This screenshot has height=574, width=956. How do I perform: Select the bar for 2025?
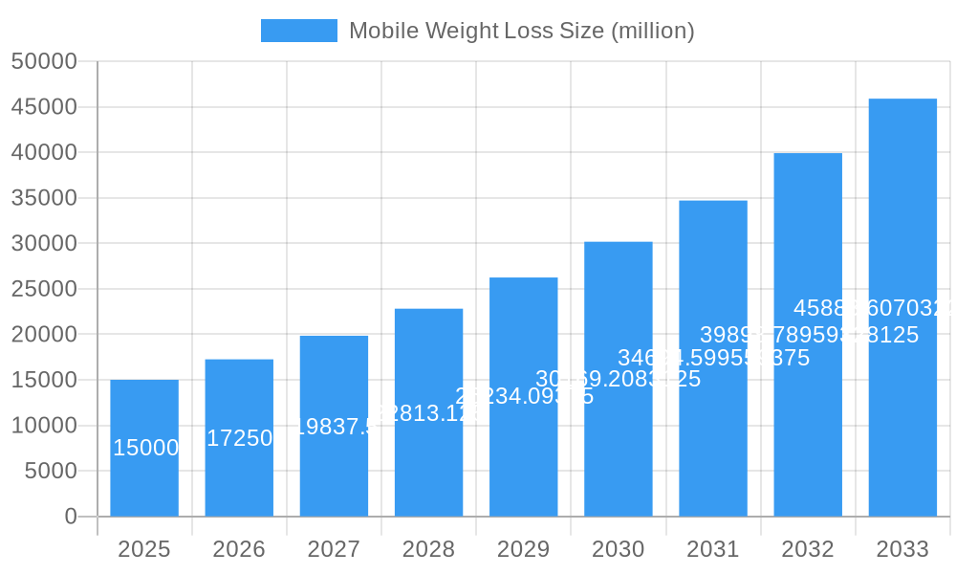point(144,478)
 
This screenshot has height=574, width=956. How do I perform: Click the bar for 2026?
point(239,478)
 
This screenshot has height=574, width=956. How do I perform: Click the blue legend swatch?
point(299,31)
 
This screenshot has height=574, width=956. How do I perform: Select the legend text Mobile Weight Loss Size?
point(521,31)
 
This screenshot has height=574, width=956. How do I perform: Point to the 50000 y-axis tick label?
point(44,61)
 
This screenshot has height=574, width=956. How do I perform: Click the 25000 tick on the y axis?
point(44,289)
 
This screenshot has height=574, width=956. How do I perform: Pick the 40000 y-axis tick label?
point(44,152)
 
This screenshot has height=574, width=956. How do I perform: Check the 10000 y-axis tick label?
point(44,426)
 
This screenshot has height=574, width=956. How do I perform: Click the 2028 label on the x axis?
point(428,549)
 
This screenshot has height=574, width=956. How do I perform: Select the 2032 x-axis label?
point(808,549)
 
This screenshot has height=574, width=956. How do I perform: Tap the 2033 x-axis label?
point(902,549)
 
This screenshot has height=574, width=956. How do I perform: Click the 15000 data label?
point(146,448)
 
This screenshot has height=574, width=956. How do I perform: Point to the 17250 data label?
point(240,438)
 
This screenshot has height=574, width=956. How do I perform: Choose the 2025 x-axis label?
point(144,549)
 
